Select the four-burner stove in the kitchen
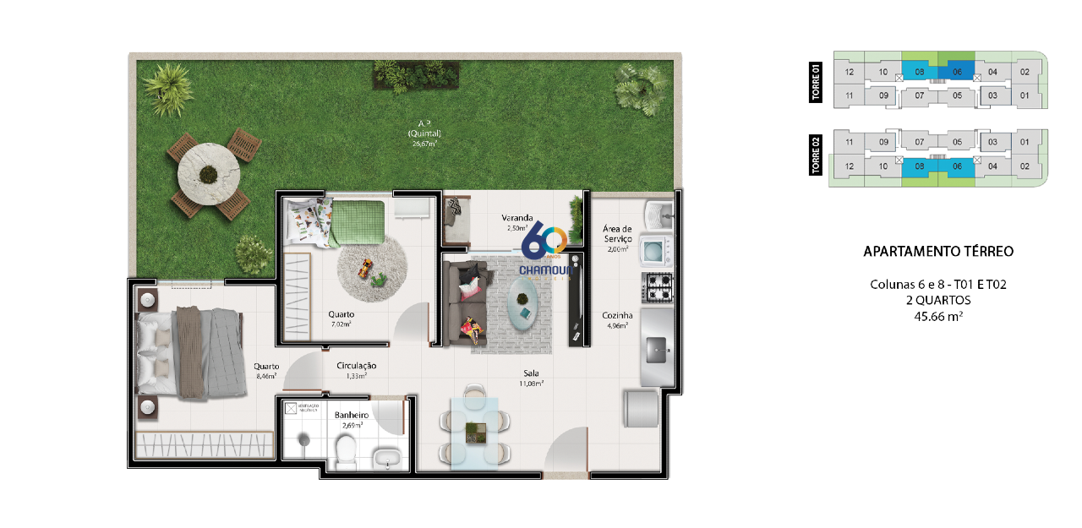pyautogui.click(x=658, y=289)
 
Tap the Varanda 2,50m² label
pyautogui.click(x=517, y=222)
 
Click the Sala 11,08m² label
pyautogui.click(x=531, y=377)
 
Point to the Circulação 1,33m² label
pyautogui.click(x=356, y=370)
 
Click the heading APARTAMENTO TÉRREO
pyautogui.click(x=937, y=252)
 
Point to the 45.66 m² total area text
pyautogui.click(x=937, y=317)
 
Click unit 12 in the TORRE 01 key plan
pyautogui.click(x=850, y=73)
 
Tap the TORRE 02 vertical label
pyautogui.click(x=817, y=156)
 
